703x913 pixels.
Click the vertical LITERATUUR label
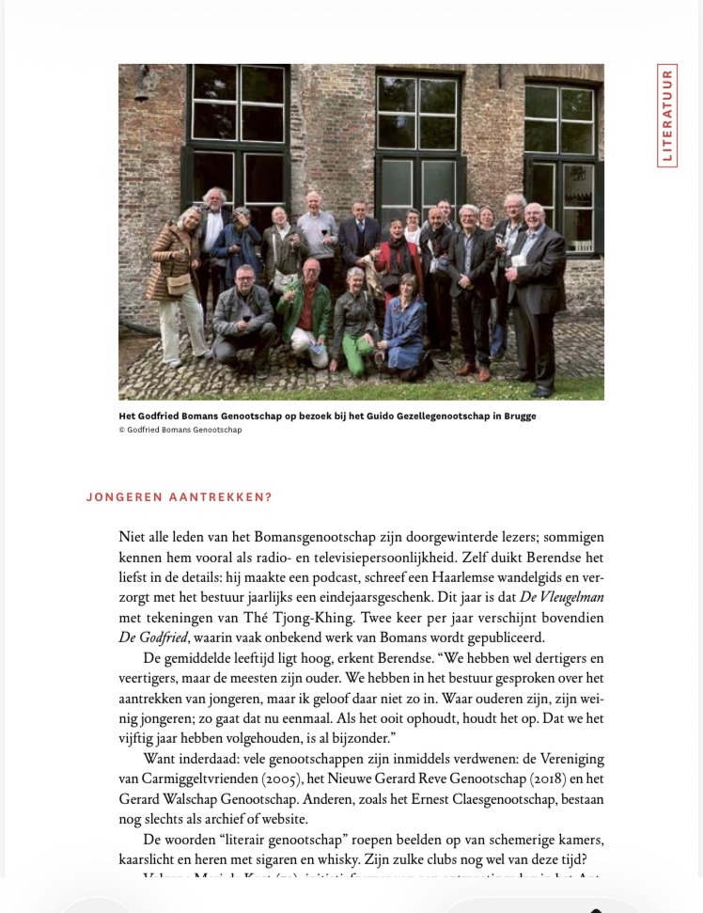pyautogui.click(x=667, y=115)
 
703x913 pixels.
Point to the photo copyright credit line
pyautogui.click(x=180, y=430)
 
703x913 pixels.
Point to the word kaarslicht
pyautogui.click(x=154, y=858)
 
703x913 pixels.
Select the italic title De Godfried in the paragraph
pyautogui.click(x=154, y=638)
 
